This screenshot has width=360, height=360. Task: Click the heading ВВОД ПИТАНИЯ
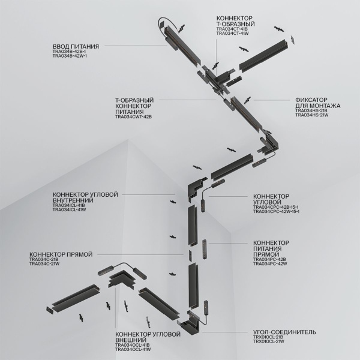click(x=75, y=46)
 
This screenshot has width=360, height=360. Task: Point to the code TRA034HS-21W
click(x=311, y=115)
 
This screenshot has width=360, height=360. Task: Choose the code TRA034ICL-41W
click(x=70, y=210)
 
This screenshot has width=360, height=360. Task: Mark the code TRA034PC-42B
click(x=270, y=259)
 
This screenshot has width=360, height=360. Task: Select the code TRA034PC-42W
click(x=270, y=263)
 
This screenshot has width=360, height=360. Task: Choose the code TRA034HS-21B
click(x=311, y=110)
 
